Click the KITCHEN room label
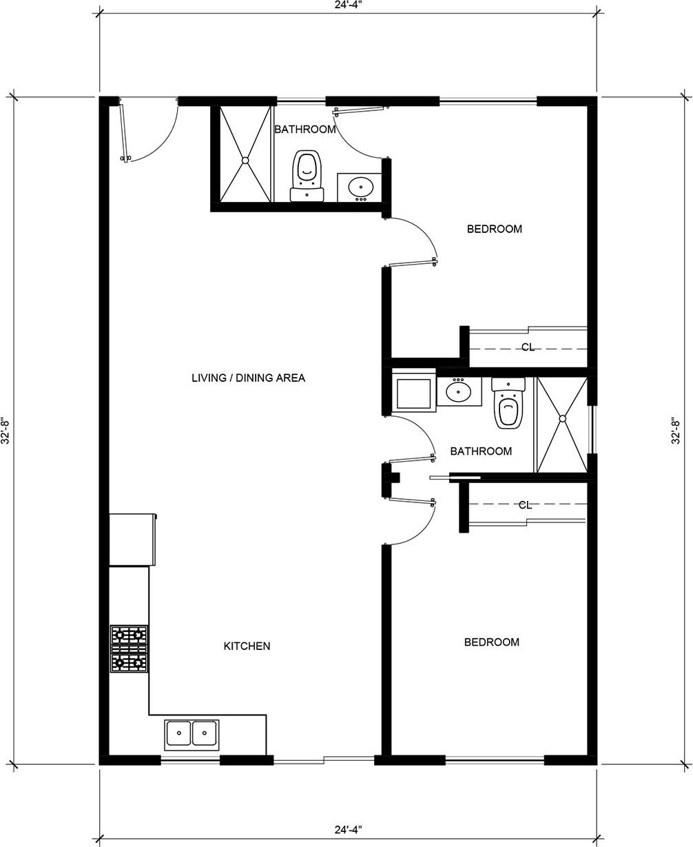247,646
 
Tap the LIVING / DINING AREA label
248,378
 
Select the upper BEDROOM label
494,229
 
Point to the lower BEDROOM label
491,642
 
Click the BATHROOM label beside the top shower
304,130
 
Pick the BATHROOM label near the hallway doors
481,451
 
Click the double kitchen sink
192,735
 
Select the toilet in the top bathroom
307,176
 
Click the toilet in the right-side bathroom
508,402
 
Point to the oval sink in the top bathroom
360,187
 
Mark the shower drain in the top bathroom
245,161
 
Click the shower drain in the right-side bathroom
563,419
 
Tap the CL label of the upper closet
528,347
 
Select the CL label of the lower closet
525,505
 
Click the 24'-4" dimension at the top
348,4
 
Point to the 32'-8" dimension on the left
5,431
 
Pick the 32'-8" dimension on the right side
675,431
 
